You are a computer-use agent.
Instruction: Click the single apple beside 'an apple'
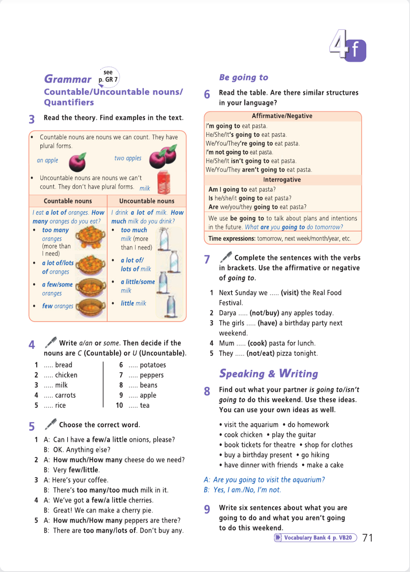tap(78, 162)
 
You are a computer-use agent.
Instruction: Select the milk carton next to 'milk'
tap(164, 182)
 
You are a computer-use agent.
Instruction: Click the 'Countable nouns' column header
tap(68, 201)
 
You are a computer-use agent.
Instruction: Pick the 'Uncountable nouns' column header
tap(147, 201)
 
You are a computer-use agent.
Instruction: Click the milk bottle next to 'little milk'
tap(171, 306)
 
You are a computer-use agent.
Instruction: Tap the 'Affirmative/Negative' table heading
tap(282, 116)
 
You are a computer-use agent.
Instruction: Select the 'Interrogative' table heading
tap(282, 179)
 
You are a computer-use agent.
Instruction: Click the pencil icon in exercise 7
tap(226, 257)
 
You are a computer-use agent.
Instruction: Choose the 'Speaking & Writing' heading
tap(268, 373)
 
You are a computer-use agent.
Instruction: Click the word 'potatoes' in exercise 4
tap(153, 365)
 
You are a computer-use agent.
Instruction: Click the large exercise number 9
tap(207, 509)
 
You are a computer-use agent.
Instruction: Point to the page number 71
tap(367, 538)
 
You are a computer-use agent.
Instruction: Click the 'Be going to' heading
tap(243, 77)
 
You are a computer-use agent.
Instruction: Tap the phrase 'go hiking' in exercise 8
tap(315, 455)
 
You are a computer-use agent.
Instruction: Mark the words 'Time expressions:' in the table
tap(232, 239)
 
